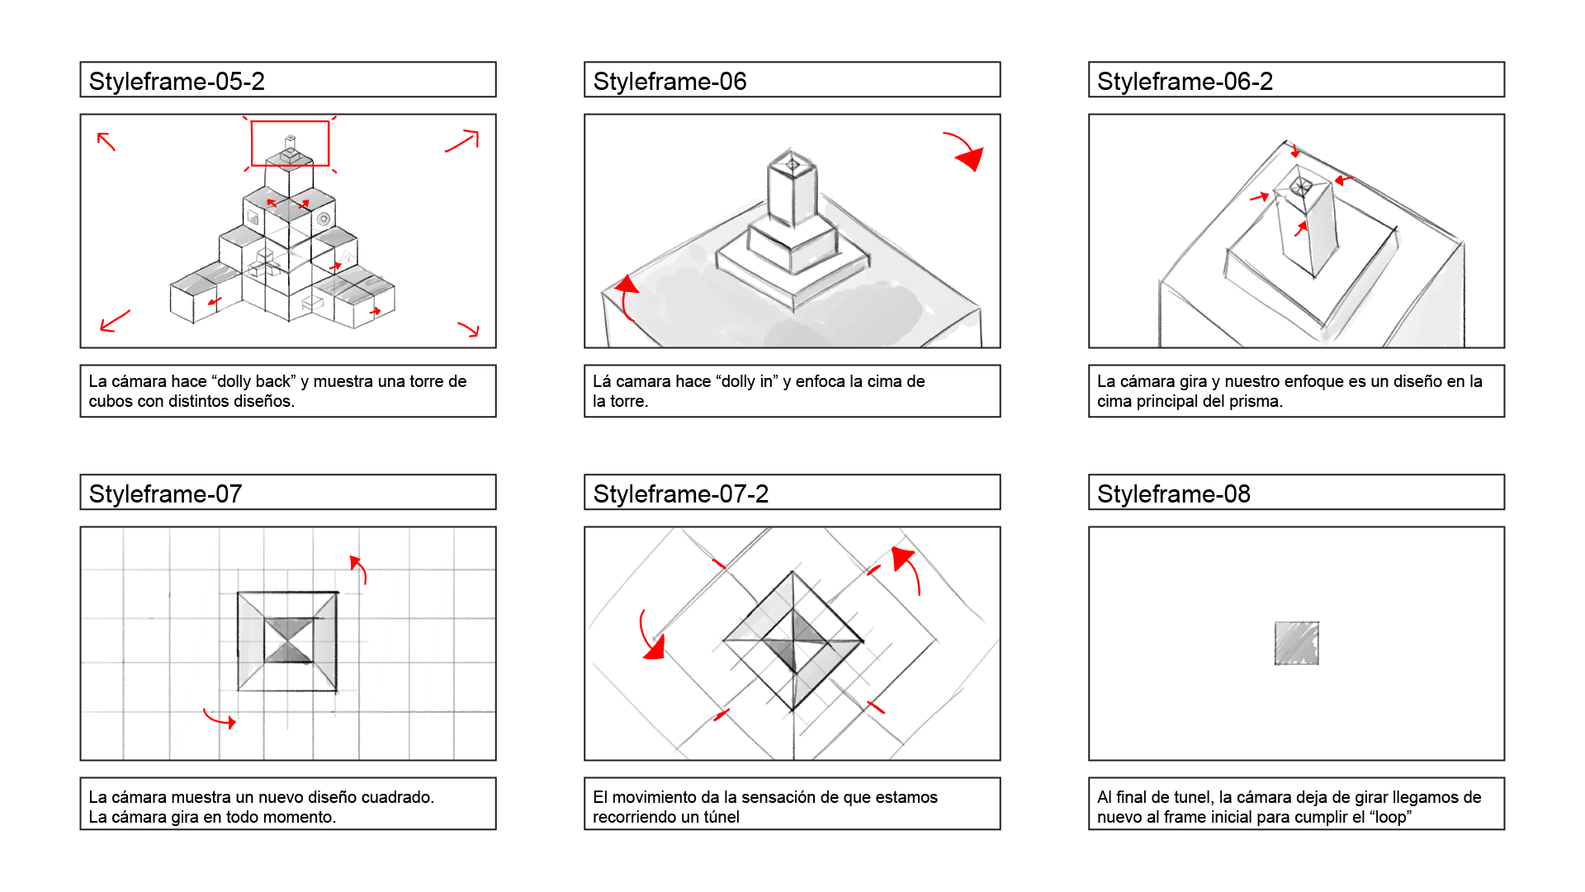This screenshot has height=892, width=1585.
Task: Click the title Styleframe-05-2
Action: (x=177, y=82)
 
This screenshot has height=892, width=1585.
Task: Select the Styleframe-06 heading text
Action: (x=669, y=82)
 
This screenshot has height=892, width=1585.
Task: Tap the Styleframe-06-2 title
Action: (x=1185, y=82)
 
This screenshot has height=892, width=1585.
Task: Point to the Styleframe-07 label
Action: (x=165, y=494)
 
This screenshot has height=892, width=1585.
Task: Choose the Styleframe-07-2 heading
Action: (x=680, y=494)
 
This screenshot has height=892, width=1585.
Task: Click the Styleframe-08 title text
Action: (x=1174, y=494)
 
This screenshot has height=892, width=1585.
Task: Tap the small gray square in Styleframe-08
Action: (x=1297, y=644)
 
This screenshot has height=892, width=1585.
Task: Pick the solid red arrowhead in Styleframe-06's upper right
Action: (x=971, y=158)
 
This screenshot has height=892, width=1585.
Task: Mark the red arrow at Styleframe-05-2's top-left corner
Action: (x=106, y=141)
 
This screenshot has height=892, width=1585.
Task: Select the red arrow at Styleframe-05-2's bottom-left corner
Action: (x=115, y=321)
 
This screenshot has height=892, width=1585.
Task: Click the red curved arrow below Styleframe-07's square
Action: (x=219, y=720)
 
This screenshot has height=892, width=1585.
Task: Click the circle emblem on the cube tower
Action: (x=324, y=219)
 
